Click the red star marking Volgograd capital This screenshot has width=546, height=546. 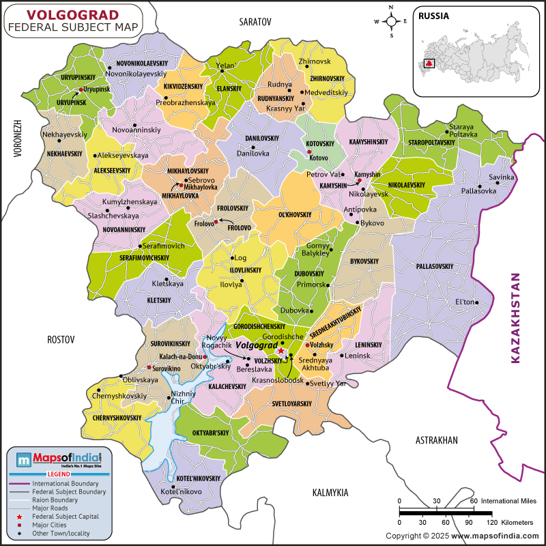281,351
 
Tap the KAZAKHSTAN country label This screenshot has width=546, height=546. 516,318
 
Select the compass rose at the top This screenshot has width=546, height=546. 390,20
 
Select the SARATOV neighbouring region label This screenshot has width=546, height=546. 255,23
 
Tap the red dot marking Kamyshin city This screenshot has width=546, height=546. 359,181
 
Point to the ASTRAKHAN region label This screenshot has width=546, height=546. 437,441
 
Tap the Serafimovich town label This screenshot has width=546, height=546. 164,246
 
